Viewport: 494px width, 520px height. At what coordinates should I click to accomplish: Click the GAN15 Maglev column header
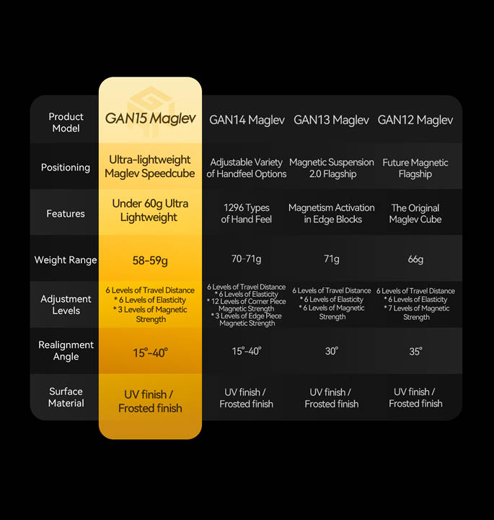150,118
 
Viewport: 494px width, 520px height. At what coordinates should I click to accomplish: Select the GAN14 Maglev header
247,120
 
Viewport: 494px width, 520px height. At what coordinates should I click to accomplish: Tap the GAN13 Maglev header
331,120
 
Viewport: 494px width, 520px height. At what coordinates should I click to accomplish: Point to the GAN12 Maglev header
415,120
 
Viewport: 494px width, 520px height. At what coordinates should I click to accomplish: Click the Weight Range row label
66,260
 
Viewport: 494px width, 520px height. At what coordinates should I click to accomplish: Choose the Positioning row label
66,168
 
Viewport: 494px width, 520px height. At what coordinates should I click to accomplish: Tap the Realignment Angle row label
66,350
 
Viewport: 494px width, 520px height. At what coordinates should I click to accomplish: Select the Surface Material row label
66,397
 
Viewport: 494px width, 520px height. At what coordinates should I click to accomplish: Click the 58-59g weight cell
150,261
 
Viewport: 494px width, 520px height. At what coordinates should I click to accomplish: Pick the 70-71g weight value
247,259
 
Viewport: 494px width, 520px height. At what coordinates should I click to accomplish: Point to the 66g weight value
415,259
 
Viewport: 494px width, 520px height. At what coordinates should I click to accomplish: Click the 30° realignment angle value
332,351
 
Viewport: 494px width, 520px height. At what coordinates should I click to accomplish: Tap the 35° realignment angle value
416,351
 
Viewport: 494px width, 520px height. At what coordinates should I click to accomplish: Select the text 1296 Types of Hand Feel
247,213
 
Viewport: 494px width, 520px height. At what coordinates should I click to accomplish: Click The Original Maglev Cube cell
415,214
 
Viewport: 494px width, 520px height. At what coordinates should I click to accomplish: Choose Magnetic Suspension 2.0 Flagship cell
332,168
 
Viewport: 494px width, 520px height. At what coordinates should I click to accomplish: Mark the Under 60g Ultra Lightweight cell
150,210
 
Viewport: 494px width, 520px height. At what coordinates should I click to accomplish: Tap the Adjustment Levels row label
66,305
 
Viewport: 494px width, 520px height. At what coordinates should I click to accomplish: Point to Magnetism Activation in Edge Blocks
332,213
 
